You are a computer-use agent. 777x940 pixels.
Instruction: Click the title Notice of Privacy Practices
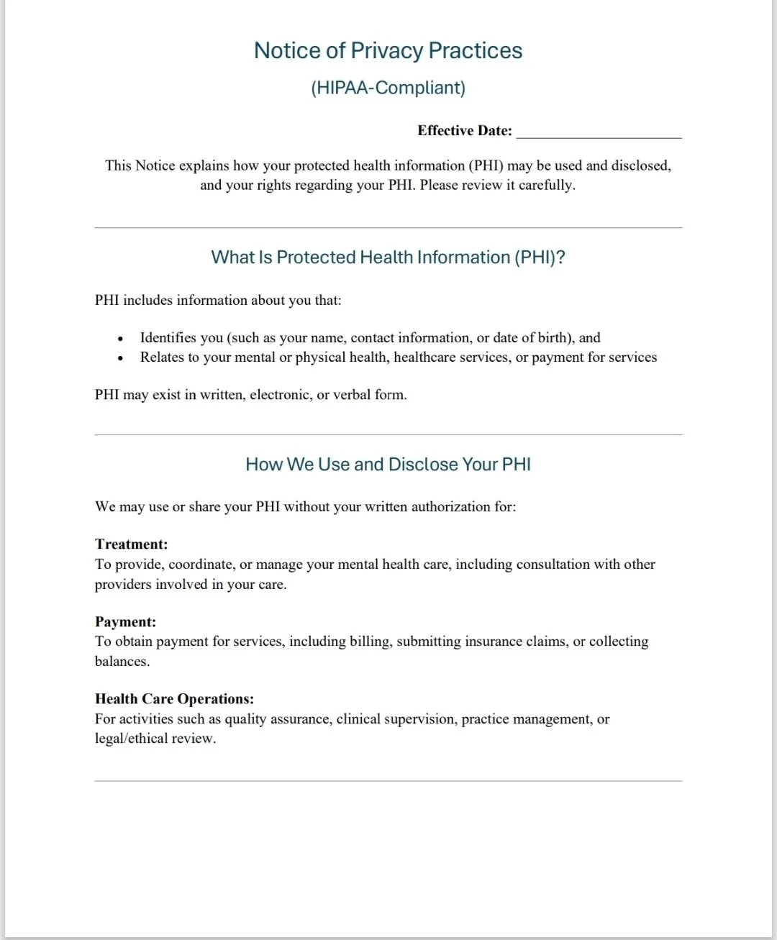[x=388, y=50]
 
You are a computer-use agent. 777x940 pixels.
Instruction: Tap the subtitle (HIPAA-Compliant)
[x=388, y=88]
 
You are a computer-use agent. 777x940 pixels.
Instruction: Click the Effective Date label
[x=464, y=131]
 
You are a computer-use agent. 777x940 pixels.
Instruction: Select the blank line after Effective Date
[x=599, y=132]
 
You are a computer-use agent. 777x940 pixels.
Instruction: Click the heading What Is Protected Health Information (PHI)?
[x=388, y=257]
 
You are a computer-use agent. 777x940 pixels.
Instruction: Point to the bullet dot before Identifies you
[x=120, y=339]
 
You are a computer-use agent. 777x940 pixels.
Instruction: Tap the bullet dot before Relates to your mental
[x=120, y=358]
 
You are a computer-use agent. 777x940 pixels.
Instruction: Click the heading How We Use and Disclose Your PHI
[x=388, y=465]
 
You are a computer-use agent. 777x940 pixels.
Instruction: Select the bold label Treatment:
[x=131, y=544]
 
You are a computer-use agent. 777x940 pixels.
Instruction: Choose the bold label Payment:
[x=125, y=622]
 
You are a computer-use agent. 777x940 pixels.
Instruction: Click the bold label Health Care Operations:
[x=174, y=699]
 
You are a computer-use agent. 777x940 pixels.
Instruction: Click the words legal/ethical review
[x=155, y=739]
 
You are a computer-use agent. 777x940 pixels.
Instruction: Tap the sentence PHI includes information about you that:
[x=218, y=301]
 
